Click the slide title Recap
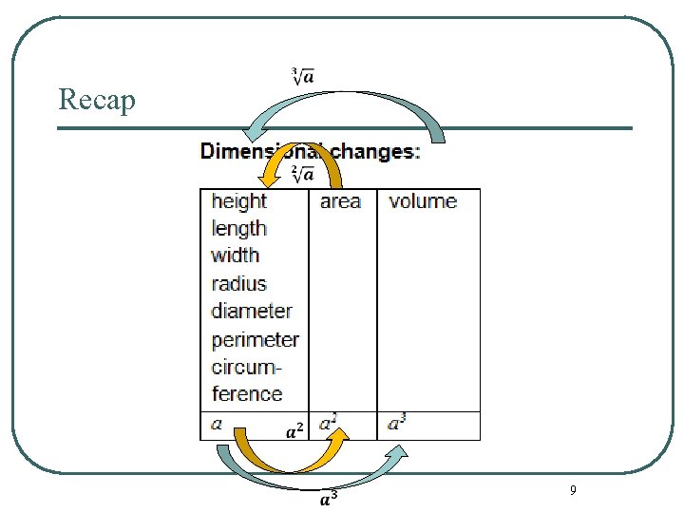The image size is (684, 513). tap(97, 98)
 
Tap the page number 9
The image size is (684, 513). tap(572, 490)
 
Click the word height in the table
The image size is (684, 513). tap(239, 201)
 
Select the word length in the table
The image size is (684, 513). tap(239, 229)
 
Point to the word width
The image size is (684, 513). tap(236, 256)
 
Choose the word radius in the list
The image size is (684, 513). tap(239, 283)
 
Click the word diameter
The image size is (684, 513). tap(252, 311)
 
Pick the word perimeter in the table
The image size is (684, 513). tap(255, 339)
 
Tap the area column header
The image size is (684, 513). tap(340, 201)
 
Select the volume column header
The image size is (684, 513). tap(423, 201)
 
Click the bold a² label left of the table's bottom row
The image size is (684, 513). tap(295, 431)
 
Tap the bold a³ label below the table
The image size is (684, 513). tap(328, 497)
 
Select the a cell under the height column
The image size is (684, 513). tap(217, 425)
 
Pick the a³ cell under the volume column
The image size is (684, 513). tap(397, 424)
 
